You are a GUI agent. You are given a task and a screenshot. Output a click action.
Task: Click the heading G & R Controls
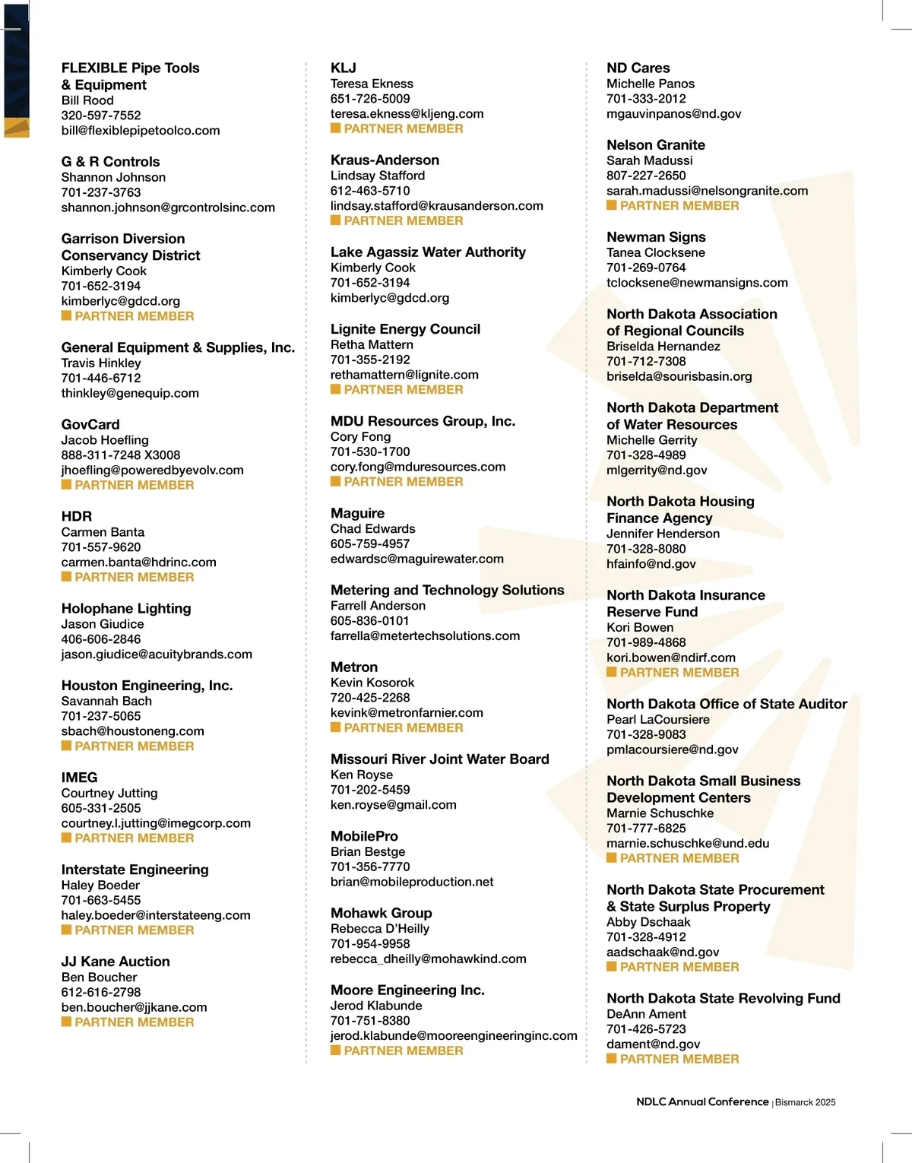click(x=110, y=162)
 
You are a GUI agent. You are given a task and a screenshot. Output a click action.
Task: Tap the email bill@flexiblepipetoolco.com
click(x=141, y=131)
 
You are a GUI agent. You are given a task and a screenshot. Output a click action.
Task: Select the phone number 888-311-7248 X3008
click(x=121, y=455)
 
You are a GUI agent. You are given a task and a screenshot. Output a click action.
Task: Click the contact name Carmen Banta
click(x=103, y=532)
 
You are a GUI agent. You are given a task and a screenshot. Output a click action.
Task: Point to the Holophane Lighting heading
click(x=126, y=609)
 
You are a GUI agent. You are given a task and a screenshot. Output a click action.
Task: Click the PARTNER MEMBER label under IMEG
click(x=134, y=838)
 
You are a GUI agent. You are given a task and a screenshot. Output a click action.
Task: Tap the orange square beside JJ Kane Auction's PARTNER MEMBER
click(x=66, y=1022)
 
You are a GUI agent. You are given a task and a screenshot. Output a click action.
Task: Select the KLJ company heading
click(x=343, y=68)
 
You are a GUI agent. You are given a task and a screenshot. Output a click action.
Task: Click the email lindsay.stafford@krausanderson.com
click(x=436, y=206)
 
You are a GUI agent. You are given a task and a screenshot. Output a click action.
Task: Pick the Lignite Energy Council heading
click(x=405, y=329)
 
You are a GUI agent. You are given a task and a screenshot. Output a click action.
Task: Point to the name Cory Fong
click(x=360, y=437)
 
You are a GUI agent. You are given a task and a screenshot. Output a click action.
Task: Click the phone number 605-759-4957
click(x=369, y=544)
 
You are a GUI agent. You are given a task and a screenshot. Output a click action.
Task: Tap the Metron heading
click(x=353, y=667)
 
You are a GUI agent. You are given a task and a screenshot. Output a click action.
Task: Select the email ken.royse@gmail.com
click(x=393, y=805)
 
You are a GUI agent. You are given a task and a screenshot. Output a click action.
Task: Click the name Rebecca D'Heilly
click(x=379, y=929)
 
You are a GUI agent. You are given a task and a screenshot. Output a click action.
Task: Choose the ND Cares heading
click(x=638, y=68)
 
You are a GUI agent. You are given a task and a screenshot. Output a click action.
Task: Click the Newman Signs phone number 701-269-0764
click(x=645, y=268)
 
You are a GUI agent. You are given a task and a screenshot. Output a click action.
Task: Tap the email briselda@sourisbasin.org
click(x=679, y=376)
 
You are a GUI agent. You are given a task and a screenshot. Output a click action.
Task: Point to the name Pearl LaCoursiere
click(x=657, y=720)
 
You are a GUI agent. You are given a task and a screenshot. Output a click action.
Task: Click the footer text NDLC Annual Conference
click(x=702, y=1102)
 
